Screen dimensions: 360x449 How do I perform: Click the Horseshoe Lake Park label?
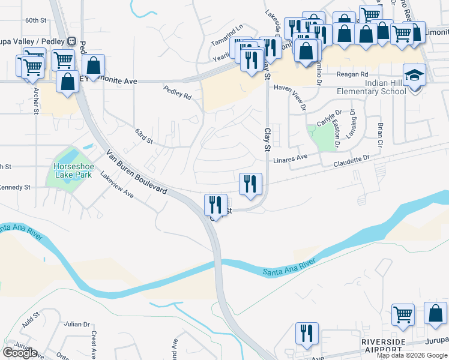point(72,170)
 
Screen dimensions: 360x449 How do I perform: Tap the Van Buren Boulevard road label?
point(137,172)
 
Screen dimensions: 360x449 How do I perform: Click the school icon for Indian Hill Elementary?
point(413,76)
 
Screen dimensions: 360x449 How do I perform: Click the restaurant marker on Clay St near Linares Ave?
point(250,184)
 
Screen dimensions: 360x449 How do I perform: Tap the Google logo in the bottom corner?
point(20,353)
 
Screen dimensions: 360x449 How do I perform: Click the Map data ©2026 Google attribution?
point(412,355)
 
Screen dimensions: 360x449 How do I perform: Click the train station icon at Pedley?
point(71,41)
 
